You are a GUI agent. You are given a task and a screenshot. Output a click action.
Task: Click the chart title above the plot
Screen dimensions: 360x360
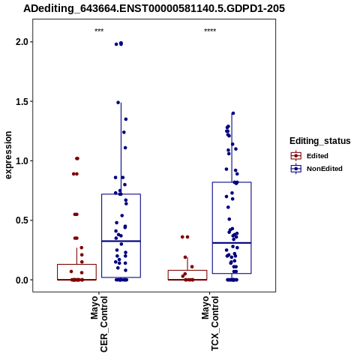pyautogui.click(x=154, y=9)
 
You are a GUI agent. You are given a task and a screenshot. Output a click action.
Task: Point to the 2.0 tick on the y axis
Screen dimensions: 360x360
pyautogui.click(x=22, y=42)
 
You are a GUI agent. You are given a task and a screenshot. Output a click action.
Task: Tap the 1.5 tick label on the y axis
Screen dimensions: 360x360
pyautogui.click(x=22, y=101)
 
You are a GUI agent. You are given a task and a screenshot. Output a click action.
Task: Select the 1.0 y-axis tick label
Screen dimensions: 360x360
pyautogui.click(x=22, y=161)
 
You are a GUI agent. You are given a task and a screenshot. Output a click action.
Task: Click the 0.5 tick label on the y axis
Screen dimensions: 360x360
pyautogui.click(x=22, y=220)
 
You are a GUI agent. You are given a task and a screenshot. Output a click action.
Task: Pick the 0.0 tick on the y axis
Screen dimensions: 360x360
pyautogui.click(x=22, y=280)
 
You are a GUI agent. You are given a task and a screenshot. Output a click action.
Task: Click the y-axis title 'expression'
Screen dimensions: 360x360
pyautogui.click(x=8, y=155)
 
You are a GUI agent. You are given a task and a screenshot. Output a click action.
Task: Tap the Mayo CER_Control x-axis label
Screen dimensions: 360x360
pyautogui.click(x=99, y=324)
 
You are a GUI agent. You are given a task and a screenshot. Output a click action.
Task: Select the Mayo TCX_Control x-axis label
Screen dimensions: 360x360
pyautogui.click(x=210, y=323)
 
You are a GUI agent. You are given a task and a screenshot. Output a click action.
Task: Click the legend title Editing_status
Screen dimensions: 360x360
pyautogui.click(x=320, y=141)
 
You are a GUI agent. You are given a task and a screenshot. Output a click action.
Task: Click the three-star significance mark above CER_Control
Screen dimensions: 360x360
pyautogui.click(x=99, y=31)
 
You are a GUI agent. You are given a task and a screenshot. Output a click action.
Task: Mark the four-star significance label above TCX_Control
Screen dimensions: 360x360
pyautogui.click(x=210, y=31)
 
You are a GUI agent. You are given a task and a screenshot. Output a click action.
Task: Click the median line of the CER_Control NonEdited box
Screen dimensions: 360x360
pyautogui.click(x=121, y=241)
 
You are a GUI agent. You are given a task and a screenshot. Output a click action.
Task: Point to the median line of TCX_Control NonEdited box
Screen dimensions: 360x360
pyautogui.click(x=232, y=243)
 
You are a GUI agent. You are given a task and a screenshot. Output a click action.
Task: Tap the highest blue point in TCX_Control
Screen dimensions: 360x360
pyautogui.click(x=233, y=113)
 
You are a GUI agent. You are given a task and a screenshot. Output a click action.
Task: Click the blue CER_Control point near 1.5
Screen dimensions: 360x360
pyautogui.click(x=118, y=103)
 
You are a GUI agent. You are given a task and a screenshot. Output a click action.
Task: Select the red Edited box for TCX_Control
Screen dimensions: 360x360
pyautogui.click(x=187, y=275)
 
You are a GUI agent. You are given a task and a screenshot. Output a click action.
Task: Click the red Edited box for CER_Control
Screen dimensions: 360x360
pyautogui.click(x=76, y=272)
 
